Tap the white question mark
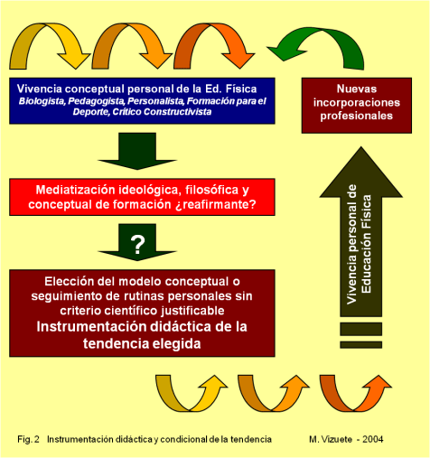(137, 243)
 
